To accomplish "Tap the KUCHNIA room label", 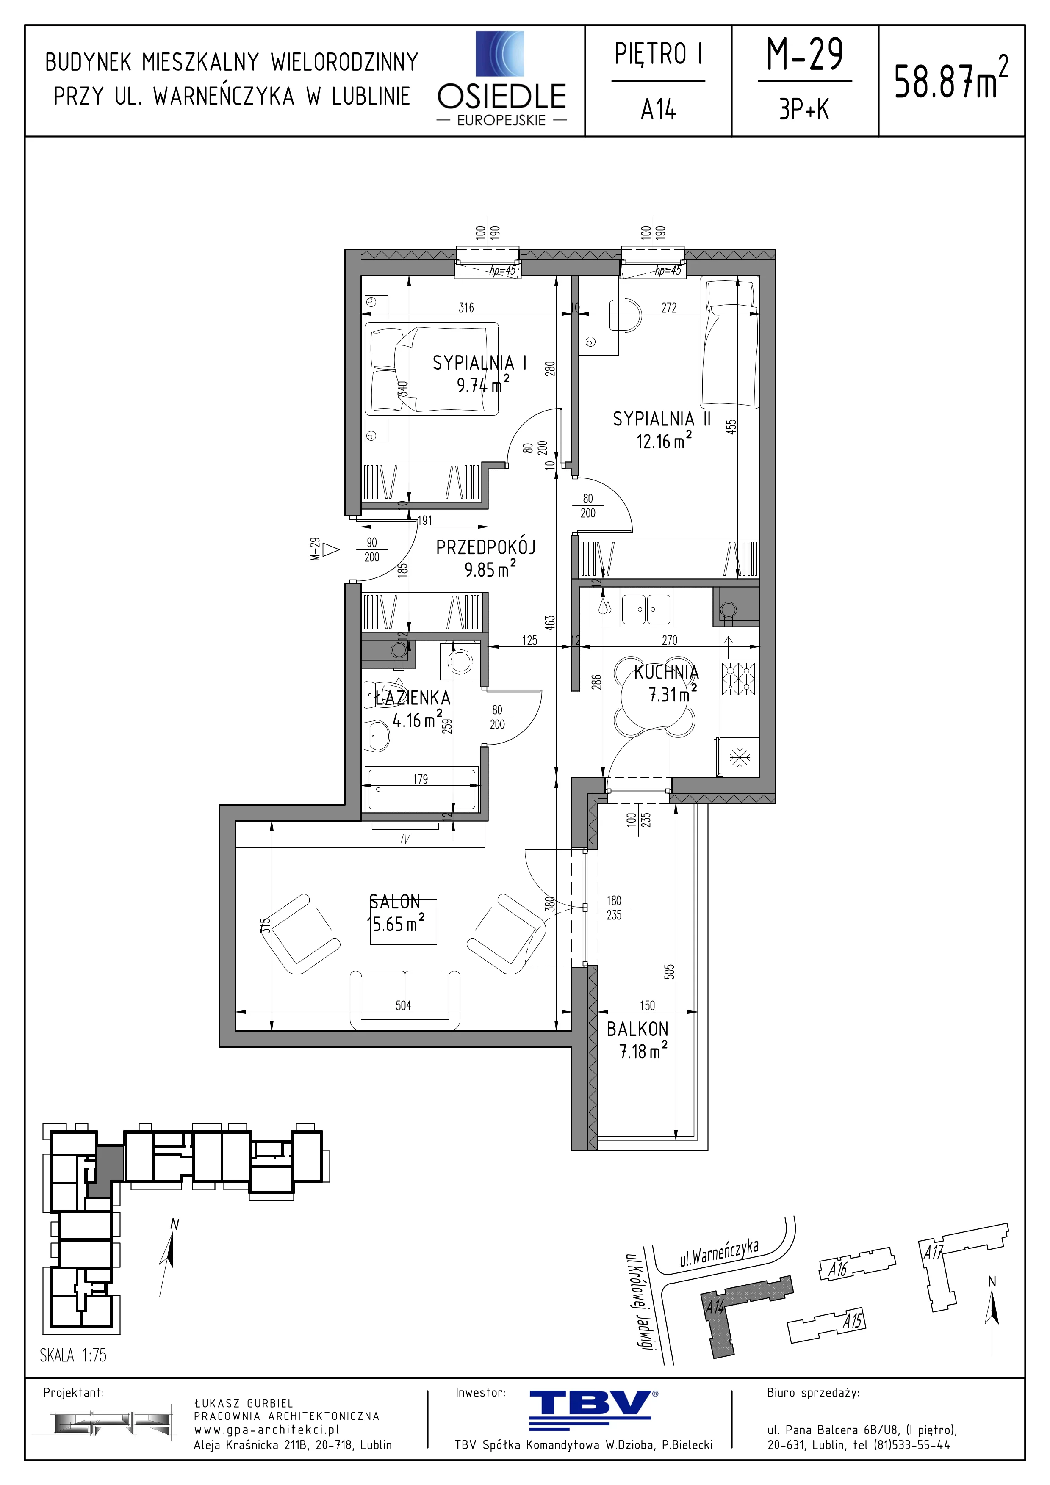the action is coord(666,673).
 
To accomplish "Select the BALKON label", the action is coord(637,1029).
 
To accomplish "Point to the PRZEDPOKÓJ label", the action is coord(485,547).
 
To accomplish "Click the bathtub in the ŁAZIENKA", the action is coord(421,788).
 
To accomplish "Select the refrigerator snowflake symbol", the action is coord(739,757).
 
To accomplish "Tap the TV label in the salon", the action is coord(405,839).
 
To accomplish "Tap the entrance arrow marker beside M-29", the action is coord(331,550).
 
